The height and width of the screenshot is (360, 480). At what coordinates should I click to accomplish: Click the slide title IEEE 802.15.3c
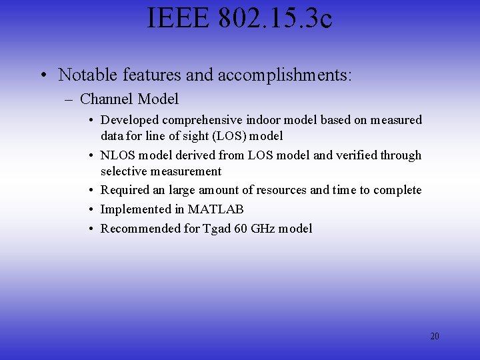[x=240, y=18]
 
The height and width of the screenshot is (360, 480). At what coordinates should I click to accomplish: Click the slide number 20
[x=435, y=336]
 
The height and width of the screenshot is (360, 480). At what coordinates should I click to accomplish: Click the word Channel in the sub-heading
[x=107, y=99]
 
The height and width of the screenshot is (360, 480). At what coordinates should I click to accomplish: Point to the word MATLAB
[x=216, y=209]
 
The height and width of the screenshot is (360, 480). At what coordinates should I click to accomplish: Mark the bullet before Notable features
[x=42, y=75]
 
